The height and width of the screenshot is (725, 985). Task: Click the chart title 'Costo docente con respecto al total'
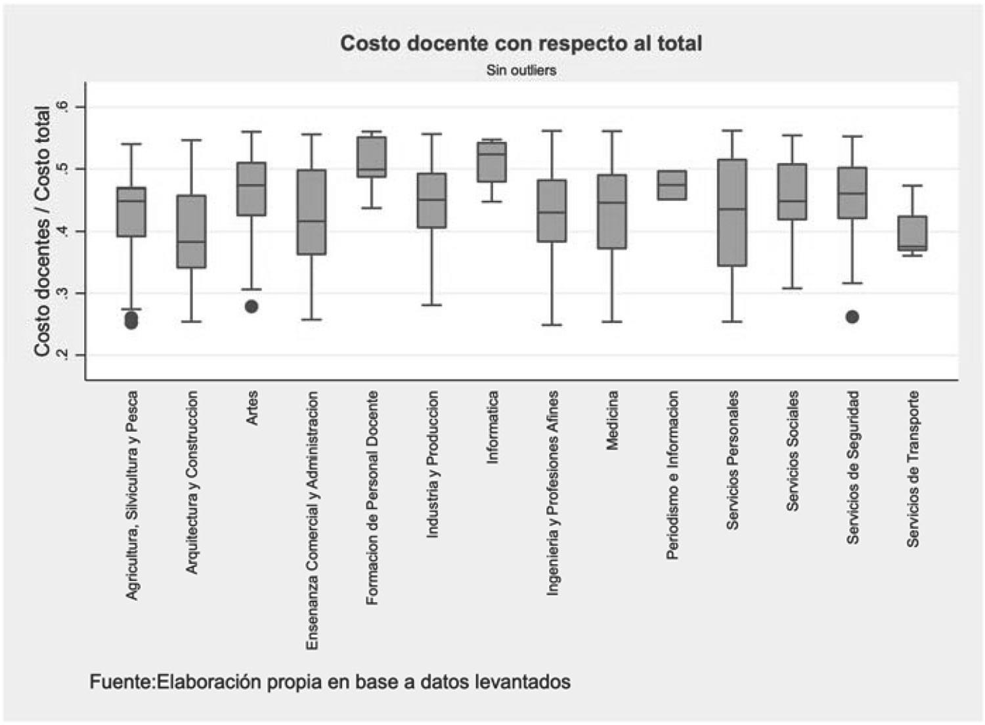[x=521, y=43]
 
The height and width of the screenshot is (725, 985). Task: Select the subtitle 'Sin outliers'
[x=521, y=70]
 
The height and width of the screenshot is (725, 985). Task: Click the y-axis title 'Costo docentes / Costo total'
[x=43, y=231]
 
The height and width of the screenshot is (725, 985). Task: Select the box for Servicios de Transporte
[x=912, y=233]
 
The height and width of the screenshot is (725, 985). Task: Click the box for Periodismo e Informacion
[x=672, y=185]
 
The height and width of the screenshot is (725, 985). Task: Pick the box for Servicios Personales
[x=732, y=212]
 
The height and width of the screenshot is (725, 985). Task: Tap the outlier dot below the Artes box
[x=252, y=307]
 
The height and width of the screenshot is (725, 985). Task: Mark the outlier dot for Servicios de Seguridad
[x=852, y=317]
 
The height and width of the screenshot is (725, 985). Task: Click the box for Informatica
[x=492, y=162]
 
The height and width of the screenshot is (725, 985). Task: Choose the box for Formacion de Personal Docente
[x=372, y=156]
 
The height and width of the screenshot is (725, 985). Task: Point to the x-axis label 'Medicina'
[x=612, y=420]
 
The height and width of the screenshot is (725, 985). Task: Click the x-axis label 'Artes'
[x=252, y=408]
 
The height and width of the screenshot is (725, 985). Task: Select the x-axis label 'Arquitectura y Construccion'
[x=192, y=483]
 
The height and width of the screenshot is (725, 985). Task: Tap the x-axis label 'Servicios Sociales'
[x=793, y=450]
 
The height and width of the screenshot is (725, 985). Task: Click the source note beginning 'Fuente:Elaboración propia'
[x=330, y=682]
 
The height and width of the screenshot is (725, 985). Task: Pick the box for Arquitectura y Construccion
[x=192, y=231]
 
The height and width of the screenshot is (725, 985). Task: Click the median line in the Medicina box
[x=612, y=203]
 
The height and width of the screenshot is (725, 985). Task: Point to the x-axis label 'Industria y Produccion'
[x=432, y=464]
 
